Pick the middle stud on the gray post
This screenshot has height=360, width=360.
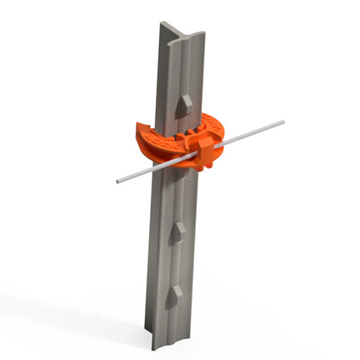[177, 232]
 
